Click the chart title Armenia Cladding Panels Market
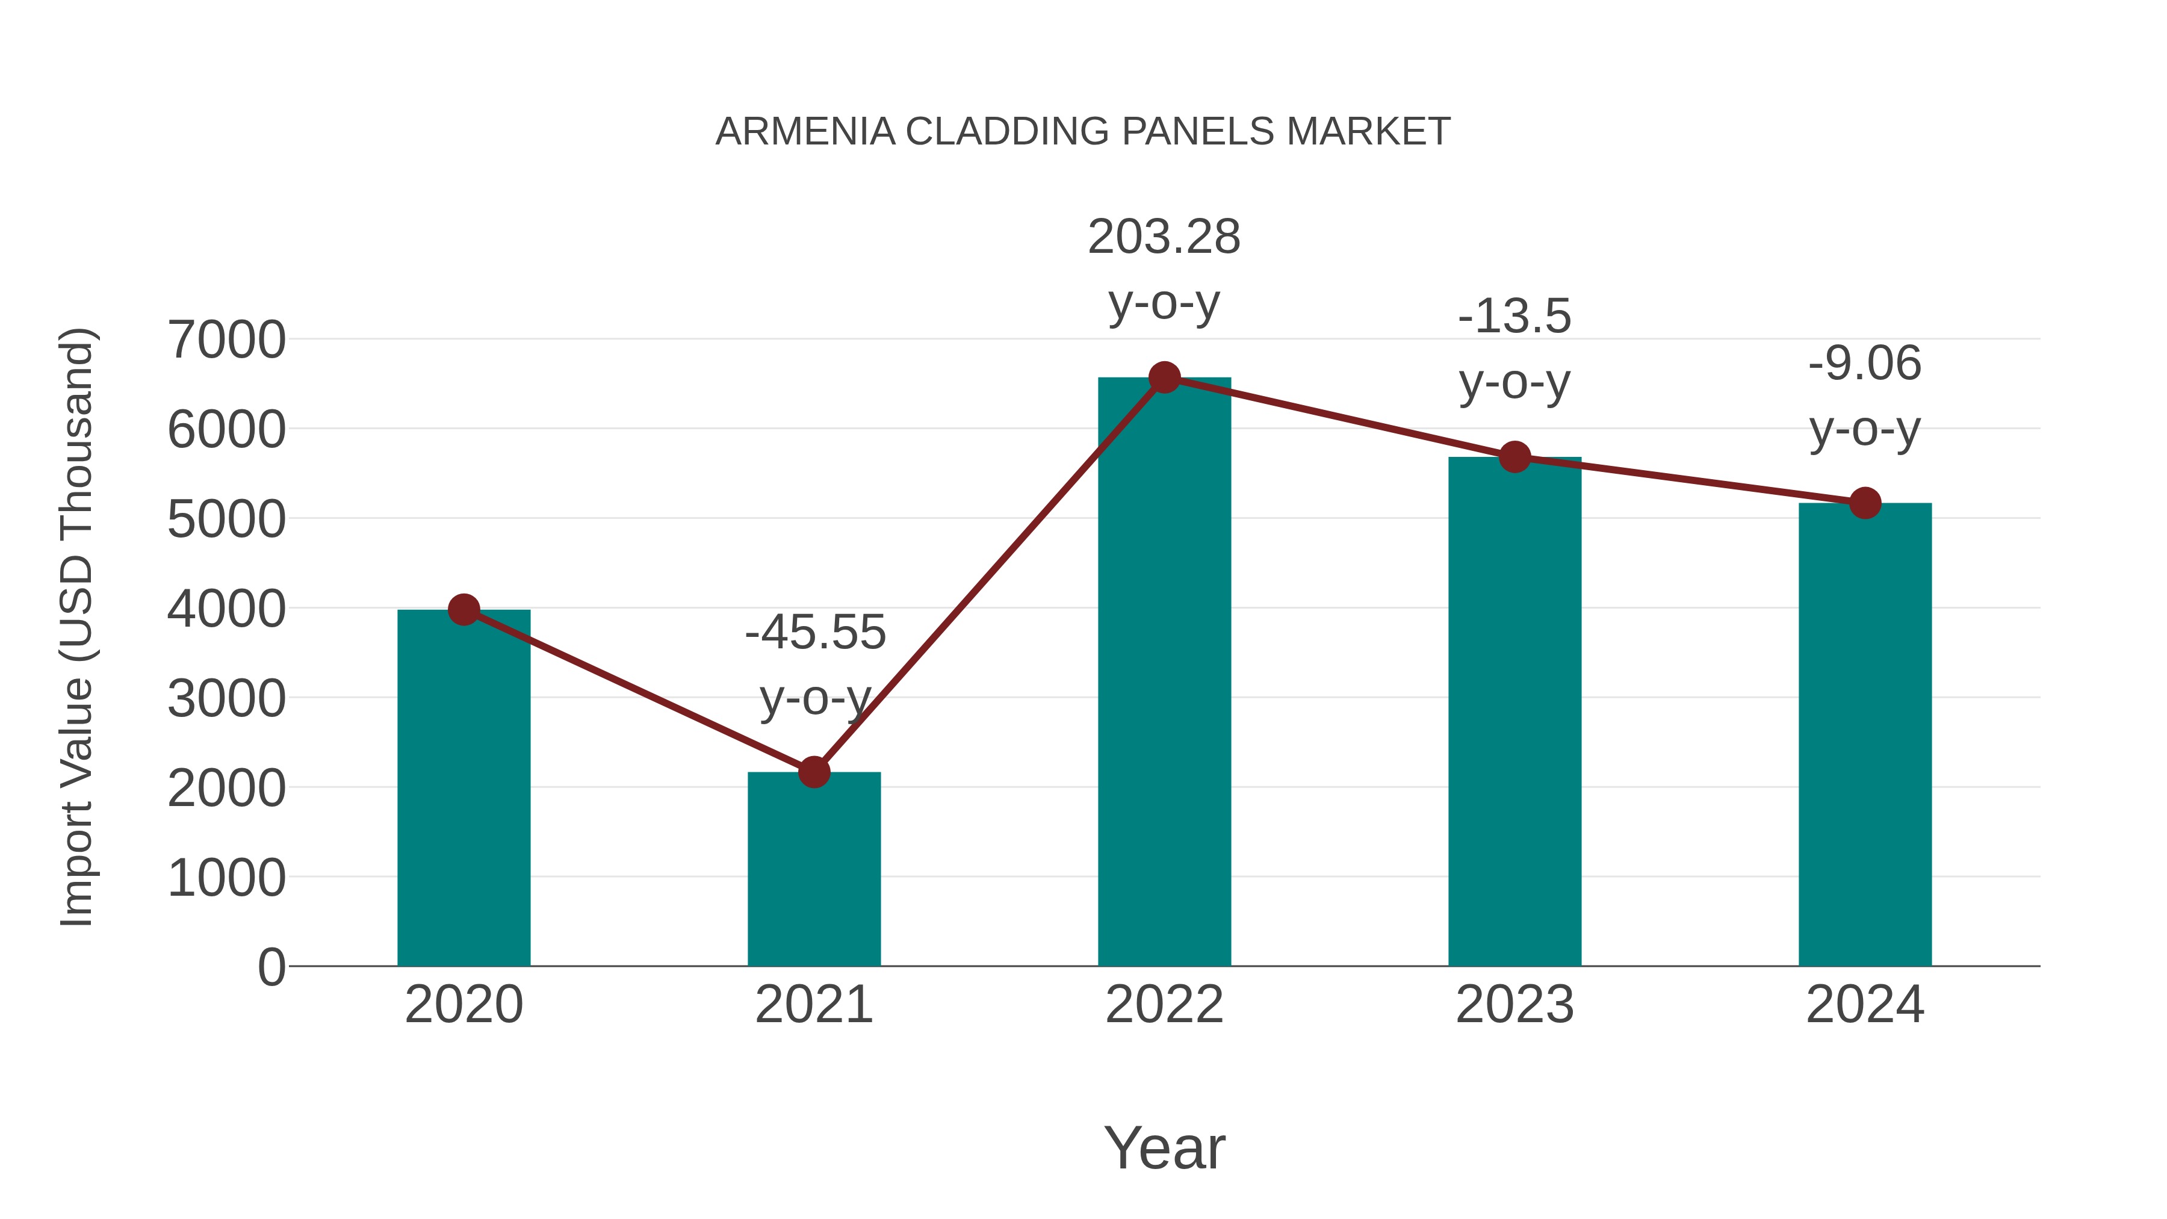pyautogui.click(x=1083, y=132)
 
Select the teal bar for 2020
pyautogui.click(x=463, y=791)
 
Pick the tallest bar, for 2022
pyautogui.click(x=1164, y=673)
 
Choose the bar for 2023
pyautogui.click(x=1514, y=715)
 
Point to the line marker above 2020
pyautogui.click(x=463, y=610)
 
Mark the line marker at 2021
pyautogui.click(x=813, y=772)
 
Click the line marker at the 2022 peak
pyautogui.click(x=1164, y=377)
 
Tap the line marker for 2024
pyautogui.click(x=1865, y=503)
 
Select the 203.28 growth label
pyautogui.click(x=1164, y=237)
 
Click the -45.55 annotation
pyautogui.click(x=815, y=633)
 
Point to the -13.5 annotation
pyautogui.click(x=1514, y=317)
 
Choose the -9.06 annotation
pyautogui.click(x=1865, y=364)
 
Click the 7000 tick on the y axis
pyautogui.click(x=226, y=340)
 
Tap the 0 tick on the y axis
pyautogui.click(x=271, y=967)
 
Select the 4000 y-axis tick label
pyautogui.click(x=226, y=609)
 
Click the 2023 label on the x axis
pyautogui.click(x=1514, y=1005)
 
